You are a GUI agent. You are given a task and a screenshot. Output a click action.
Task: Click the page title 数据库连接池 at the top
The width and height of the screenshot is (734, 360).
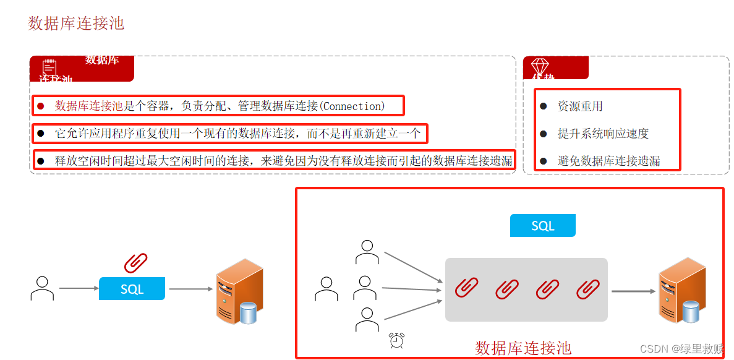pos(76,24)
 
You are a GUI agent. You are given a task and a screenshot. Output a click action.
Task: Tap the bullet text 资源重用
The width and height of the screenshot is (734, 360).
pos(580,106)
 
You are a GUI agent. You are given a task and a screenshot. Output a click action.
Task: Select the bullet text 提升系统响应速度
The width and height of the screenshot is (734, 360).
pos(603,134)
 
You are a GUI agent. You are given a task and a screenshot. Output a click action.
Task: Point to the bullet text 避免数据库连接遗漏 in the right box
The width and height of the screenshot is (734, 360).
pos(608,161)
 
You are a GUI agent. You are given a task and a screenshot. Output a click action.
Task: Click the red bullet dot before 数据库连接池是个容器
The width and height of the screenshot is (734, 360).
pos(41,106)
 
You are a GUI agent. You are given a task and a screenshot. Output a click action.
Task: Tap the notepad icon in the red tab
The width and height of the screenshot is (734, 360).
pos(49,67)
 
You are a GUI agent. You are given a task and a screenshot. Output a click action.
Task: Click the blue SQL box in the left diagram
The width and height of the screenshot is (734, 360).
pos(132,289)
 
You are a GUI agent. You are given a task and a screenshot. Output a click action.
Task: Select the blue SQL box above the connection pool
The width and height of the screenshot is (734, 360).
pos(542,226)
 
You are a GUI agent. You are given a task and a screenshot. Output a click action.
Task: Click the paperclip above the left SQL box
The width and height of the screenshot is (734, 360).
pos(135,263)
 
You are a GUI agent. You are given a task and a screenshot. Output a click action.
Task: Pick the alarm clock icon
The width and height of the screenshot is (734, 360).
pos(396,340)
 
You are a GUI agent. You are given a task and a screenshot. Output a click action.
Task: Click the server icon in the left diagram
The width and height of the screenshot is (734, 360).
pos(239,291)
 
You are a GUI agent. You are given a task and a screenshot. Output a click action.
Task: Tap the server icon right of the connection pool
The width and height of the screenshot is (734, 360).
pos(681,290)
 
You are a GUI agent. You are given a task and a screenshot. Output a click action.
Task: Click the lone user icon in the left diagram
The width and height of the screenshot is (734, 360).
pos(42,289)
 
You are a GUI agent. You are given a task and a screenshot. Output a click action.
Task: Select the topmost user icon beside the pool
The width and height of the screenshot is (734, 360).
pos(367,252)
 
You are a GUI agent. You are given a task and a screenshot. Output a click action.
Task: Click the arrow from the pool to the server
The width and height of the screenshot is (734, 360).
pos(633,291)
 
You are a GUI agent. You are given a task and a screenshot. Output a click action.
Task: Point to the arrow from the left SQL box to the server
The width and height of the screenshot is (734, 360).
pos(190,289)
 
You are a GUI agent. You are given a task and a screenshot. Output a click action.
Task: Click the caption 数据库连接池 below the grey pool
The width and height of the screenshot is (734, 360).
pos(523,348)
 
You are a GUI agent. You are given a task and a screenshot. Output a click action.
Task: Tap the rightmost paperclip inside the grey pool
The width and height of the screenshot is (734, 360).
pos(588,288)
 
